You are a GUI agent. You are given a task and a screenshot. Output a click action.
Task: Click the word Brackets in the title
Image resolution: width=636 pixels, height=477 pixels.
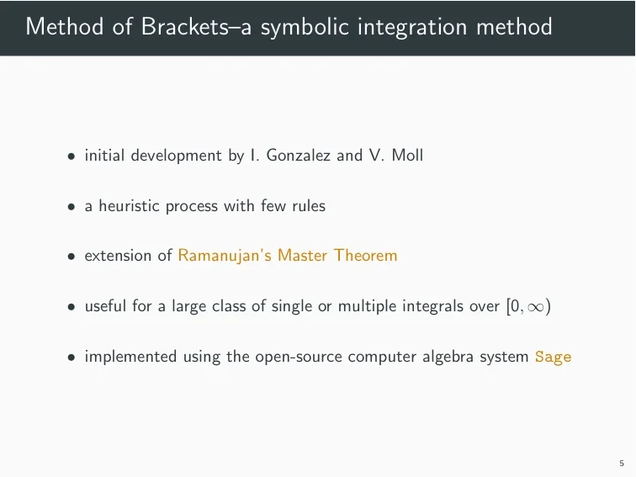point(184,26)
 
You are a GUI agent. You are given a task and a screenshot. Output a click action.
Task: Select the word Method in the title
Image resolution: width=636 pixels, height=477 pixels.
point(65,26)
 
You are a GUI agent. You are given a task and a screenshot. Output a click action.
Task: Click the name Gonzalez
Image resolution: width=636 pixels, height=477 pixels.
point(298,155)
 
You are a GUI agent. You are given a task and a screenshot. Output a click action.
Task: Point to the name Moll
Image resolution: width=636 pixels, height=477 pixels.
point(407,155)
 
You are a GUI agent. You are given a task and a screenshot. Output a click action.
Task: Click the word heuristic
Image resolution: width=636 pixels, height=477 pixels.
point(130,205)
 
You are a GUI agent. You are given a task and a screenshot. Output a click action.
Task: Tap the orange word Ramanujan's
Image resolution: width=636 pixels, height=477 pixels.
point(225,256)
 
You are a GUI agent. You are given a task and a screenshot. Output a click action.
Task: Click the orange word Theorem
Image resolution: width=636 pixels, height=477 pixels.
point(365,255)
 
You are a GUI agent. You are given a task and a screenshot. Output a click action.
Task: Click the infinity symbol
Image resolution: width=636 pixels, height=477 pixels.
point(535,307)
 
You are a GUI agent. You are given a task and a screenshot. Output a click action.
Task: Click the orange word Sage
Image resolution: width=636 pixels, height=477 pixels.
point(553,358)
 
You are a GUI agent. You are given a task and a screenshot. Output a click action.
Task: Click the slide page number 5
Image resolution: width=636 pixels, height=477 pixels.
point(622,464)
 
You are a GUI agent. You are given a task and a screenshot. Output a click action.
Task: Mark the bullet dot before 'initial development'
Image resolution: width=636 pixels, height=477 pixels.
point(72,156)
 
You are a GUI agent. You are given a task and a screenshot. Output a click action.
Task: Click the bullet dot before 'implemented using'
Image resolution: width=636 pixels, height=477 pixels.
point(72,358)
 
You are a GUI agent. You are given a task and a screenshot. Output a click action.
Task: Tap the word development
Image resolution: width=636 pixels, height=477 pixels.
point(176,156)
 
